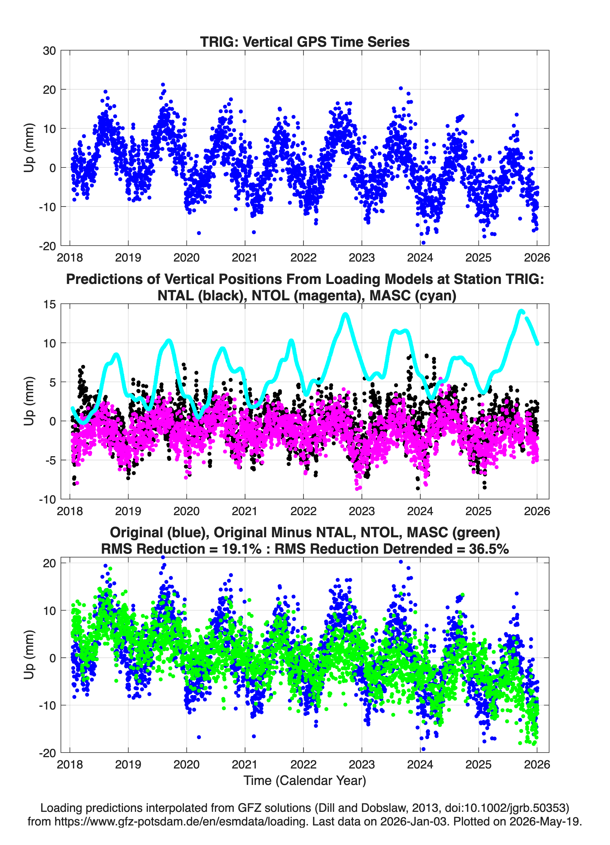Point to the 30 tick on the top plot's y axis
click(49, 51)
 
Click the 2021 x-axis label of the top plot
click(245, 258)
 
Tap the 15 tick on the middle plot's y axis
click(49, 304)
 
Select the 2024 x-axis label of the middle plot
click(420, 511)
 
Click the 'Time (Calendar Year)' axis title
click(305, 781)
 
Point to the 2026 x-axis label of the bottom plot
click(537, 765)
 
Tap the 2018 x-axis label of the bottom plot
click(70, 765)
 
